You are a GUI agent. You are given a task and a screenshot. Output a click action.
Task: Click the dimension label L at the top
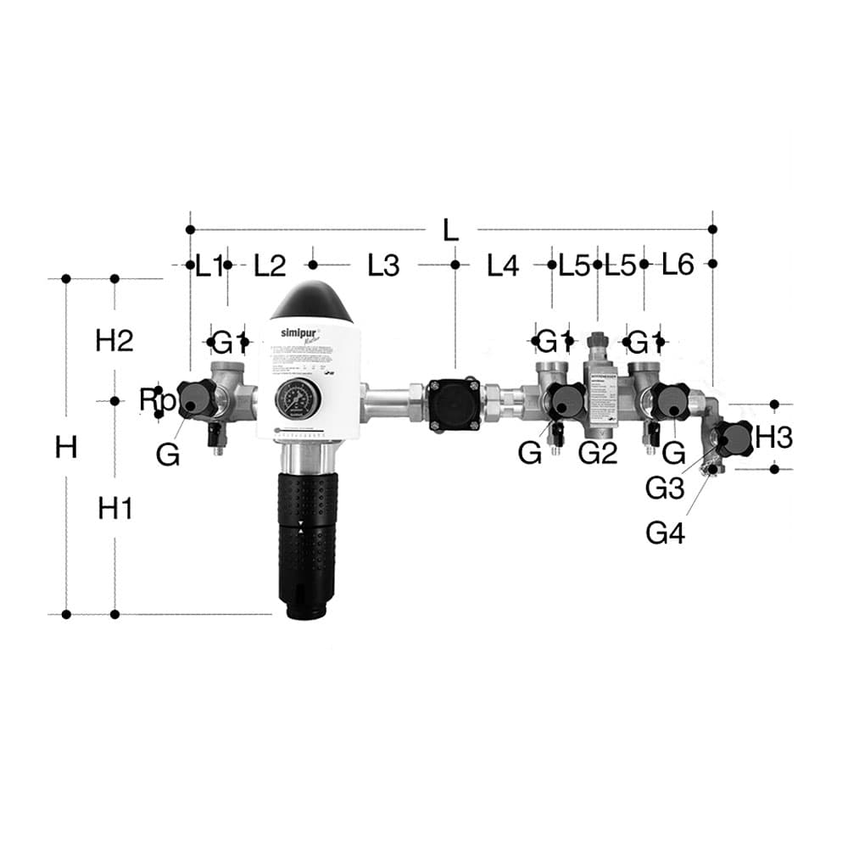coord(450,229)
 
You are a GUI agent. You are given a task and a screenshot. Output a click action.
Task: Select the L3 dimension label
coord(382,265)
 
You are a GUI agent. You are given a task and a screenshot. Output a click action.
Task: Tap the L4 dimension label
coord(502,265)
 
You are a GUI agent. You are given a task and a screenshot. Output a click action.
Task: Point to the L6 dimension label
coord(678,265)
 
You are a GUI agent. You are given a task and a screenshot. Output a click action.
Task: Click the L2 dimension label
coord(270,265)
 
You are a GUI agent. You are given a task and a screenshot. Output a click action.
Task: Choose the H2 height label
coord(114,341)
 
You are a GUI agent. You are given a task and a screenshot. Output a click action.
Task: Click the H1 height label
coord(115,509)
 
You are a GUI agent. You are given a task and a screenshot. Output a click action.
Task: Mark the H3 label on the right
coord(773,438)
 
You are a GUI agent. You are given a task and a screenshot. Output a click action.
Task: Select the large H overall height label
coord(66,446)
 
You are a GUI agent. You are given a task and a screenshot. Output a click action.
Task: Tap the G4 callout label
coord(666,533)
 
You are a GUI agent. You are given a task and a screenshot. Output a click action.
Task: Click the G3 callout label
coord(665,488)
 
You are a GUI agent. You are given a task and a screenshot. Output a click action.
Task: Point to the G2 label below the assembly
coord(598,454)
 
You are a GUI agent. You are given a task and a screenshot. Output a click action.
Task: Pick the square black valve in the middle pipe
coord(455,405)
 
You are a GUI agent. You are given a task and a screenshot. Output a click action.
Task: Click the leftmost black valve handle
coord(197,399)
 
